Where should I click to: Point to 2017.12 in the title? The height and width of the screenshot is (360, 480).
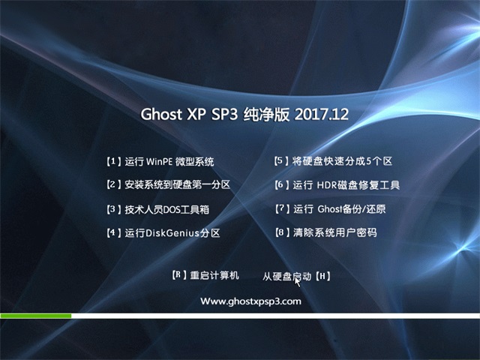pos(321,115)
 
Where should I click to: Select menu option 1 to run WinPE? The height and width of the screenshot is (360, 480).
pos(160,161)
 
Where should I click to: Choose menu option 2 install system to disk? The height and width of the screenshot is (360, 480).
pos(168,184)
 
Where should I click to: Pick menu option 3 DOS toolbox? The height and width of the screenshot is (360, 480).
pos(157,210)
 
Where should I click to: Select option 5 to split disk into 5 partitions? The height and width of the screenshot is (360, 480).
pos(333,161)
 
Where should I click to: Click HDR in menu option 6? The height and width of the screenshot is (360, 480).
pos(327,185)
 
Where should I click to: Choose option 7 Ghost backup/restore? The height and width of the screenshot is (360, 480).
pos(330,209)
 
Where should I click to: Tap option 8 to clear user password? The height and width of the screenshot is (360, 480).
pos(325,232)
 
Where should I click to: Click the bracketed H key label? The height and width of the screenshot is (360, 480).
pos(323,277)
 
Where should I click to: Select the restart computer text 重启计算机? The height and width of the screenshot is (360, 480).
pos(214,275)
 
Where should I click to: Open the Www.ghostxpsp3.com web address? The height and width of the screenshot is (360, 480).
pos(250,301)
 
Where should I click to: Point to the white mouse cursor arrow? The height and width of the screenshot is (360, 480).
pos(297,282)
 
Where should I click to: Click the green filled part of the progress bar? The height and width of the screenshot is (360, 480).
pos(36,316)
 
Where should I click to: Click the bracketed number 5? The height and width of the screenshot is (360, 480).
pos(281,161)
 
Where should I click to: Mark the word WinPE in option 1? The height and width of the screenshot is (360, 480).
pos(159,162)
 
